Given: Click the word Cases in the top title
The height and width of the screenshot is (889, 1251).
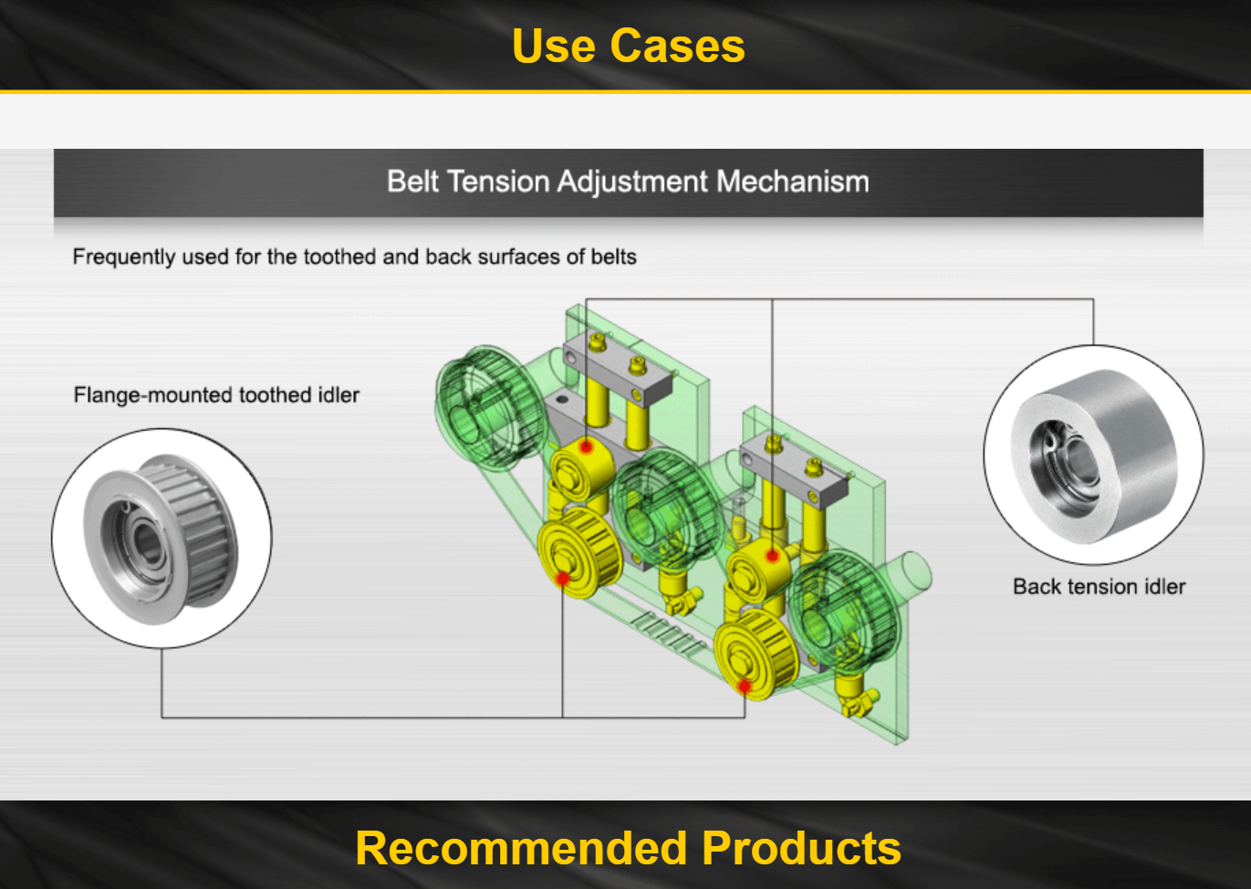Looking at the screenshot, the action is coord(677,46).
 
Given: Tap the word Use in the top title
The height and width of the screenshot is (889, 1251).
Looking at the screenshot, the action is coord(554,46).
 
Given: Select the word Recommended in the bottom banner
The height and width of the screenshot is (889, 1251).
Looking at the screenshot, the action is coord(520,848).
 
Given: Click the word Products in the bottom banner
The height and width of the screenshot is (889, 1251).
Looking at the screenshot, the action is coord(801,848).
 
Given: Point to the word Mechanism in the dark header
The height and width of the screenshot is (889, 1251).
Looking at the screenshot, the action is coord(793,182).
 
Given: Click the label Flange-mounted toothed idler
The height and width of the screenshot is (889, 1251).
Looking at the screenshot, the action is coord(216,395).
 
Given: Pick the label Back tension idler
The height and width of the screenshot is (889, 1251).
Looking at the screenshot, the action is coord(1099,587).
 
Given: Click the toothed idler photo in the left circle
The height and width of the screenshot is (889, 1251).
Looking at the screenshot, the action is coord(161,539).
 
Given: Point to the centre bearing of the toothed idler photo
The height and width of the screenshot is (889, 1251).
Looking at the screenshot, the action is coord(146,541).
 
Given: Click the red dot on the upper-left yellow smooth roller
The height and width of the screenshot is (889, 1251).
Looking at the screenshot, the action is coord(586,446).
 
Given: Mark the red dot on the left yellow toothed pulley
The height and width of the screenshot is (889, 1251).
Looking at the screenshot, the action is coord(563,579).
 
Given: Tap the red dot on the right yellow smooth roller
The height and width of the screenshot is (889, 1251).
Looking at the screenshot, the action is coord(772,556).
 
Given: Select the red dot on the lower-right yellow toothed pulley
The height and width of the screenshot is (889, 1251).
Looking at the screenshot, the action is coord(745,685).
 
